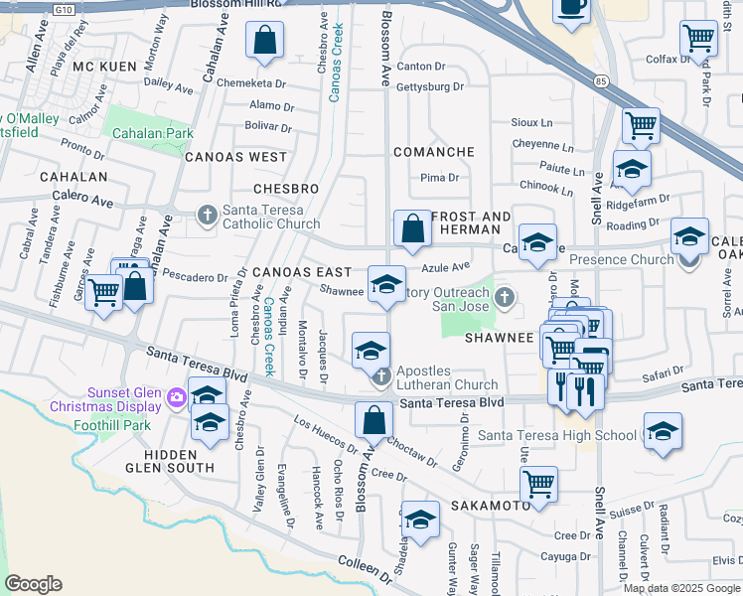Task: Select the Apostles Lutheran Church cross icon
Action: click(381, 376)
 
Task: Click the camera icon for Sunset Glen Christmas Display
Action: click(177, 397)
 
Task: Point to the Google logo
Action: click(33, 584)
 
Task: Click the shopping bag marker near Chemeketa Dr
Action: click(265, 43)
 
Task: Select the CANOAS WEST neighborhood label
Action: click(234, 157)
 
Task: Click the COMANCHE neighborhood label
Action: click(433, 152)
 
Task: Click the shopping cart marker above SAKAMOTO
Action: click(538, 484)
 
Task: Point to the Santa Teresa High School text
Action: click(557, 435)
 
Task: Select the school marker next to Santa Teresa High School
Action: click(662, 432)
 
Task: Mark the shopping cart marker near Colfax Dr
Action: click(698, 39)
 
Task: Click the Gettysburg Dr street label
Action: click(430, 86)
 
